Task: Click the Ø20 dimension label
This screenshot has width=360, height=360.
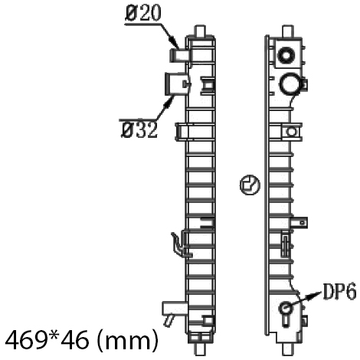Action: click(143, 13)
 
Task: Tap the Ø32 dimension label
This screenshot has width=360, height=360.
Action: click(139, 129)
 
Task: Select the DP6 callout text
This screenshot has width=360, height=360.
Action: click(339, 291)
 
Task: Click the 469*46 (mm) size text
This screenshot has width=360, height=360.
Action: click(82, 340)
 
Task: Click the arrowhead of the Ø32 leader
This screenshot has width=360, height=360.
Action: click(169, 103)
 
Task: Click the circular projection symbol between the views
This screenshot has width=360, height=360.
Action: click(250, 185)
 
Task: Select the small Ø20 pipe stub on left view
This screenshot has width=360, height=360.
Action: click(179, 55)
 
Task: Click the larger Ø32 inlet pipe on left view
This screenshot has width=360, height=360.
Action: click(176, 84)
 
